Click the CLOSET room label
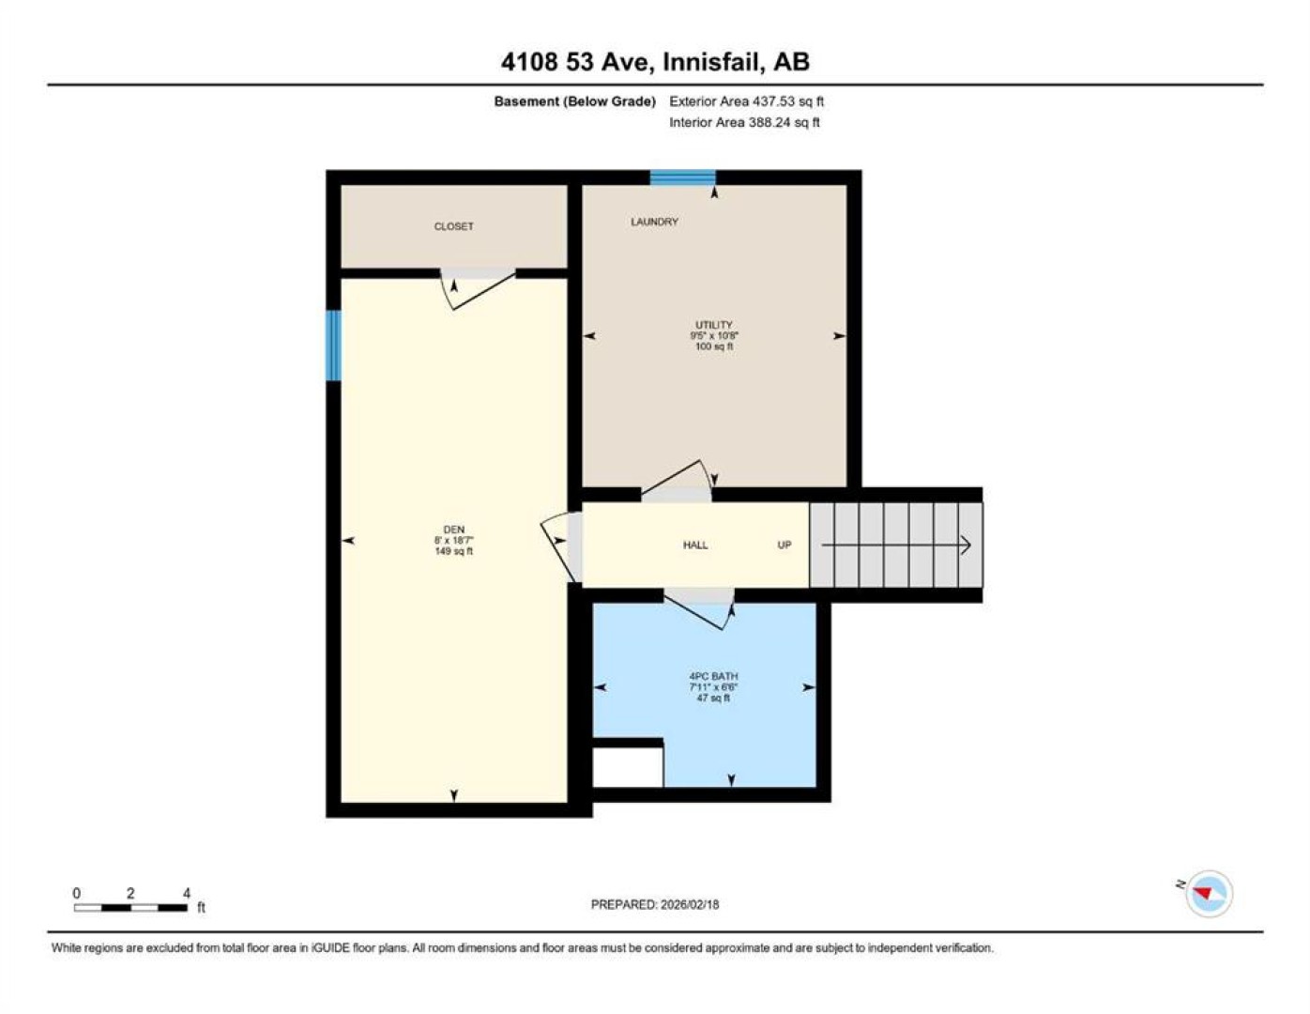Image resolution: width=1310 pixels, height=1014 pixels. click(x=453, y=226)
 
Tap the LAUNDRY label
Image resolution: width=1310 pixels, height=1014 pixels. click(x=654, y=222)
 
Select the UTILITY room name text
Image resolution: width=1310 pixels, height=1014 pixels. click(x=714, y=325)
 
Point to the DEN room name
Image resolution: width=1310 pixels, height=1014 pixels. click(x=453, y=530)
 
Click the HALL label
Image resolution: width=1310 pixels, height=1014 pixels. click(x=695, y=545)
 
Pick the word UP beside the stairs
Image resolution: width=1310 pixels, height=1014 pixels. click(x=784, y=545)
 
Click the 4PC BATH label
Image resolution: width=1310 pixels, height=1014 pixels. click(x=713, y=677)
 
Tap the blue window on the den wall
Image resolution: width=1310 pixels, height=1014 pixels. click(x=333, y=346)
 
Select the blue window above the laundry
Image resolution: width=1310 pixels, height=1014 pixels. click(x=682, y=177)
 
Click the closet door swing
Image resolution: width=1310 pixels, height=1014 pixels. click(x=477, y=289)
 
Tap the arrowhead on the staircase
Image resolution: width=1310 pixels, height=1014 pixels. click(x=966, y=545)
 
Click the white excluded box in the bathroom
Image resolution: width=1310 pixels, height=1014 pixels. click(x=628, y=767)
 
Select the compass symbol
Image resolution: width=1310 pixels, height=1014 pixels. click(x=1208, y=894)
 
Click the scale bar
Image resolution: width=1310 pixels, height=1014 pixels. click(x=130, y=907)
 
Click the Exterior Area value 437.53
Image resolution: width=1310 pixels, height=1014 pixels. click(x=772, y=101)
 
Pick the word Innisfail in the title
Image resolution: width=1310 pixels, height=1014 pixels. click(x=709, y=62)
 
